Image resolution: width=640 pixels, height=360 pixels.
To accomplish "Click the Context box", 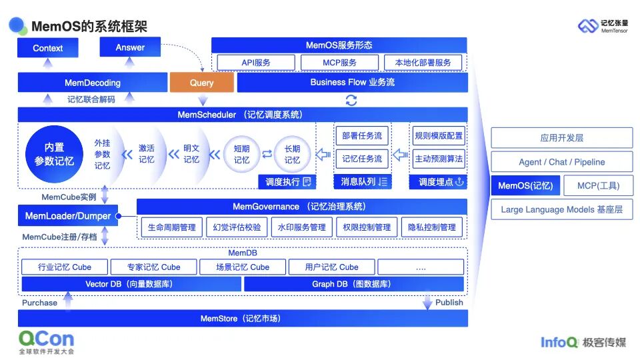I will click(x=47, y=48).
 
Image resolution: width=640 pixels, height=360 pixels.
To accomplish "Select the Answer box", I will click(x=130, y=47).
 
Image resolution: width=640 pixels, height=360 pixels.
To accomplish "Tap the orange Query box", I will click(x=201, y=83).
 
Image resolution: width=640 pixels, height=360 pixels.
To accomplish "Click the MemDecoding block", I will click(x=92, y=83).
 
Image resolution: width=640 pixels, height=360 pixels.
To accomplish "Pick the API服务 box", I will click(x=256, y=63).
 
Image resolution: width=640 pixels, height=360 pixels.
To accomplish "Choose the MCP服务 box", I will click(x=339, y=63).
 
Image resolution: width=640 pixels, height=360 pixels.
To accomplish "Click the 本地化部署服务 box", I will click(x=423, y=63).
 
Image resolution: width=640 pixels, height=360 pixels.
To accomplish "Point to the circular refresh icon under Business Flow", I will click(x=351, y=100).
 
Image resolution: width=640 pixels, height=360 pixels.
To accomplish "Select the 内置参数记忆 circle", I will click(x=54, y=154).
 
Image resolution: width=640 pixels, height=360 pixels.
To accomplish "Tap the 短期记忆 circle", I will click(x=241, y=155).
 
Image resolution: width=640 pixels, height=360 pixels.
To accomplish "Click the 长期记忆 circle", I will click(x=292, y=155).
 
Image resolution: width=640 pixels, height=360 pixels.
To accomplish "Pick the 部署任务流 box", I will click(x=362, y=136).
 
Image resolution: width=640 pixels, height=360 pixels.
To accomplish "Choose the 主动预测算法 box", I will click(x=438, y=159).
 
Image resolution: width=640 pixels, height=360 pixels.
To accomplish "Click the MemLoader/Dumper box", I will click(x=68, y=216).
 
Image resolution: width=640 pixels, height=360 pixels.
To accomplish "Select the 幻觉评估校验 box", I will click(x=237, y=227).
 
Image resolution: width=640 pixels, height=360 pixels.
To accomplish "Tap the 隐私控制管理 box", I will click(x=431, y=227).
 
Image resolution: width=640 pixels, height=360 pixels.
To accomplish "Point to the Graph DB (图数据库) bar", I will click(x=353, y=285).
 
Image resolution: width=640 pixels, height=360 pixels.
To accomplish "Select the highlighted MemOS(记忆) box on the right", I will click(x=525, y=186).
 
